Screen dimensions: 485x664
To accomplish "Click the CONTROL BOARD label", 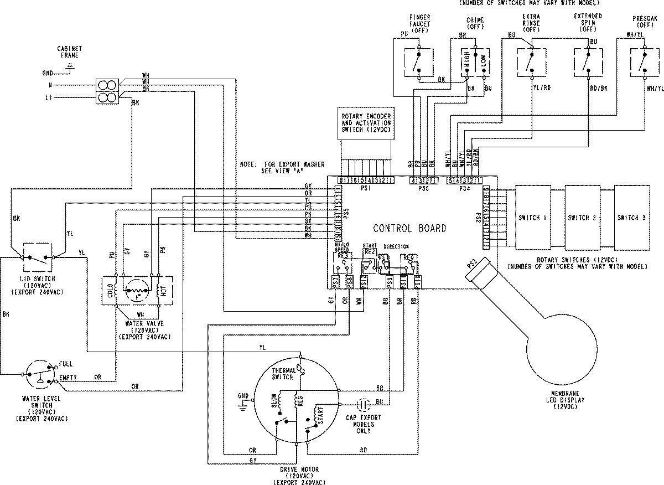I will pyautogui.click(x=409, y=228).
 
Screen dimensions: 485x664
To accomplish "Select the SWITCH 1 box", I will pyautogui.click(x=532, y=218).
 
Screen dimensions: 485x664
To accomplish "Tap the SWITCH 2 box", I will pyautogui.click(x=582, y=218).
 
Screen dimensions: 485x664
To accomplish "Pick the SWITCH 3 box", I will pyautogui.click(x=631, y=218).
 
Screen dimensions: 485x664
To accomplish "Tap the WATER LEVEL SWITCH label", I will pyautogui.click(x=41, y=403).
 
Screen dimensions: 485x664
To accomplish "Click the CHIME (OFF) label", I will pyautogui.click(x=475, y=23).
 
